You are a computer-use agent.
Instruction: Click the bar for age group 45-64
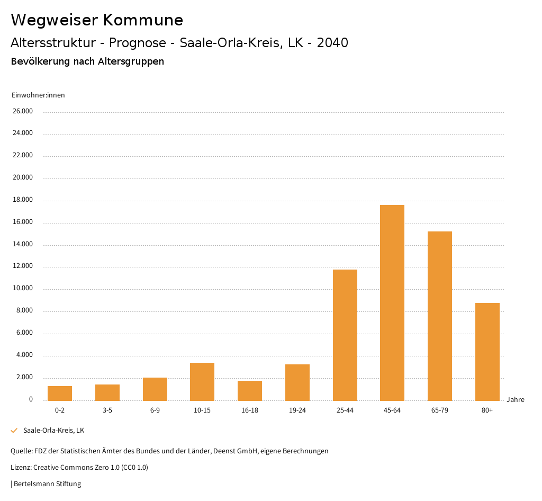[392, 302]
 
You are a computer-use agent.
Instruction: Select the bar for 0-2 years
[60, 393]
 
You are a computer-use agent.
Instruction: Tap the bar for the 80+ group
[487, 352]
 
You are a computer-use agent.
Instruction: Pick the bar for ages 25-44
[345, 335]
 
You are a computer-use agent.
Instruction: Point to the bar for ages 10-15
[202, 381]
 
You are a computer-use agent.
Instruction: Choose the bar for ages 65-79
[440, 316]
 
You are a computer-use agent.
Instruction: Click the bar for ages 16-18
[250, 390]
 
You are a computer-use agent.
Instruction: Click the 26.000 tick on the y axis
[23, 111]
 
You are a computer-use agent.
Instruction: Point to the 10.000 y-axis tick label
[23, 288]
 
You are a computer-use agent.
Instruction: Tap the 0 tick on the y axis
[31, 399]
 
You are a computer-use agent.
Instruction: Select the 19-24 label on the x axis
[297, 410]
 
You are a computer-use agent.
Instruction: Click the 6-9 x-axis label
[155, 410]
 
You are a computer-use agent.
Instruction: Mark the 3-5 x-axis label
[107, 410]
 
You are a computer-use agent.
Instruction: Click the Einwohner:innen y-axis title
[38, 95]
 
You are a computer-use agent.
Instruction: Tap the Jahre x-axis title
[515, 400]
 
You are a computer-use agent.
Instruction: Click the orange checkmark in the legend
[14, 431]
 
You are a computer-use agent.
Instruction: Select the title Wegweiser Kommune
[97, 20]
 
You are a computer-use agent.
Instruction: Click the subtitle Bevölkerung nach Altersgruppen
[87, 61]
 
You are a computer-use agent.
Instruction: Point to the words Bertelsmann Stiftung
[47, 484]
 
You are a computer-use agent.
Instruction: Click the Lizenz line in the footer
[79, 468]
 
